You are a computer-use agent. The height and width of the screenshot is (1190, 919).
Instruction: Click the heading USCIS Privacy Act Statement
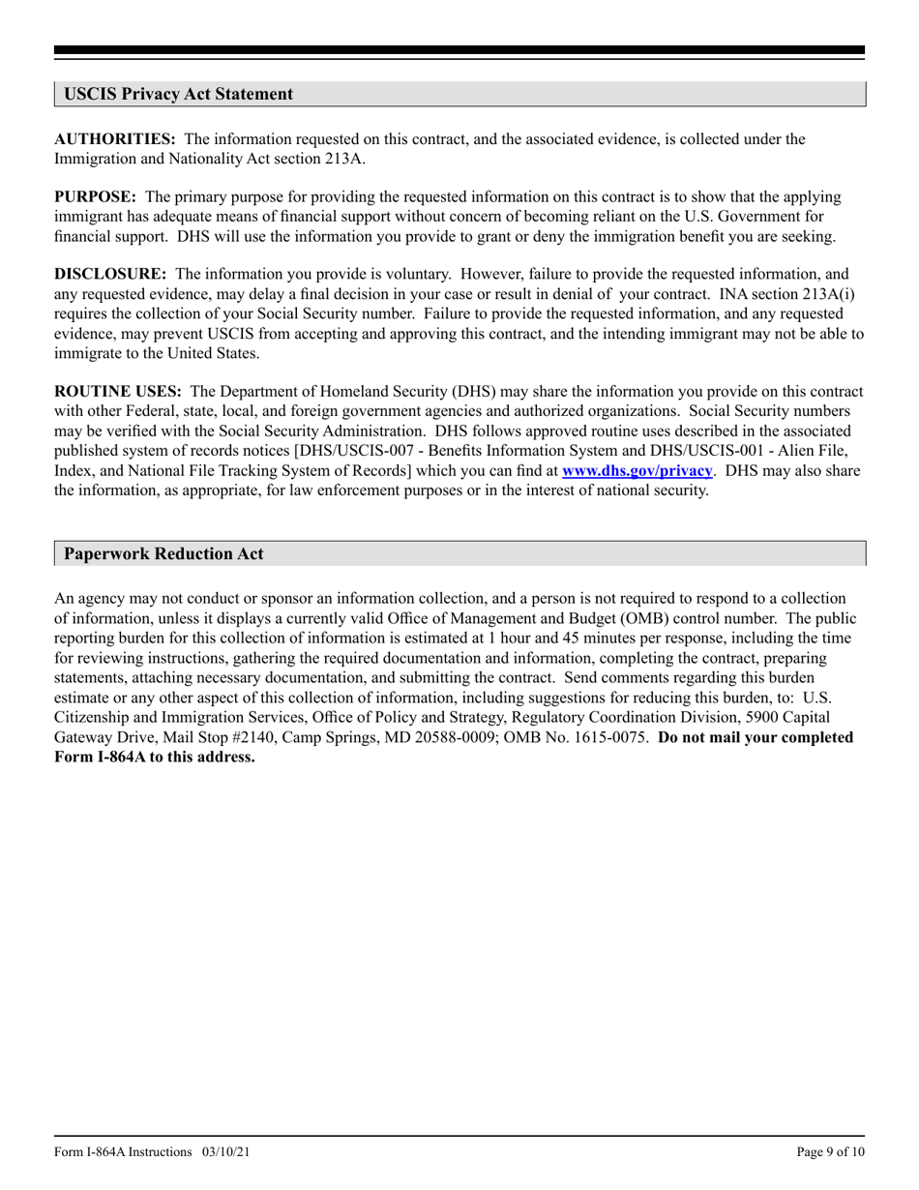[x=178, y=94]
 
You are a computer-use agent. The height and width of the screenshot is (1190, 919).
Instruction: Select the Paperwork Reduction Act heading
[x=163, y=553]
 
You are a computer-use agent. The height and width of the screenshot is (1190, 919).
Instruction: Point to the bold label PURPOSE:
[x=95, y=197]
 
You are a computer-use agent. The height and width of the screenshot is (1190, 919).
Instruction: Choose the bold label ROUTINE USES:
[x=118, y=392]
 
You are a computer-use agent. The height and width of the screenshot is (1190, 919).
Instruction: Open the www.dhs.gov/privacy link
[x=637, y=470]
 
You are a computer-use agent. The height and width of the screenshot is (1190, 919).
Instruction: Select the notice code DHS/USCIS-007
[x=356, y=451]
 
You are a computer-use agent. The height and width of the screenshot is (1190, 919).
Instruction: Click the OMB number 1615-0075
[x=606, y=737]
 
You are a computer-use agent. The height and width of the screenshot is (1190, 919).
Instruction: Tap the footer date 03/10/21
[x=228, y=1151]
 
